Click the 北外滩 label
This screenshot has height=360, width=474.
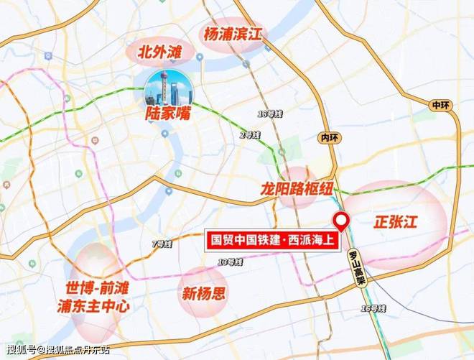pyautogui.click(x=161, y=52)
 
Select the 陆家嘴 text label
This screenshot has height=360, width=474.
pyautogui.click(x=167, y=114)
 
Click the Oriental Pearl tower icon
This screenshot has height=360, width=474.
pyautogui.click(x=167, y=88)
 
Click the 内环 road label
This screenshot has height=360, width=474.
pyautogui.click(x=330, y=137)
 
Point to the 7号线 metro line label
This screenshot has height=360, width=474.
pyautogui.click(x=163, y=244)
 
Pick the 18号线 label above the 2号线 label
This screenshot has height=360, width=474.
pyautogui.click(x=267, y=114)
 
